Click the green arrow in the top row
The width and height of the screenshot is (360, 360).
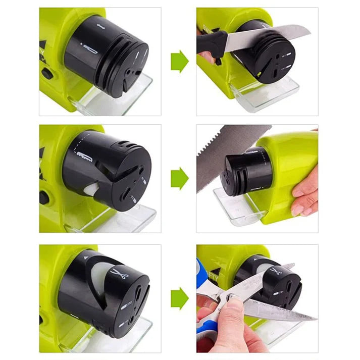click(179, 61)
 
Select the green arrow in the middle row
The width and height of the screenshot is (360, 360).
click(179, 178)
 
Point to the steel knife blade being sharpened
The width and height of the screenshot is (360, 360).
click(268, 37)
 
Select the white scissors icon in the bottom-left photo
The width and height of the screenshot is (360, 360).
click(119, 275)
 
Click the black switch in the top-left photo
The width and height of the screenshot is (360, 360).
click(47, 74)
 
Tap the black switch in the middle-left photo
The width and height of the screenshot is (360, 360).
click(44, 197)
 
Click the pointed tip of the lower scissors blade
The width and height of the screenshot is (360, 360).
click(316, 318)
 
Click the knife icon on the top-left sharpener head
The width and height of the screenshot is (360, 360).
click(91, 49)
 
